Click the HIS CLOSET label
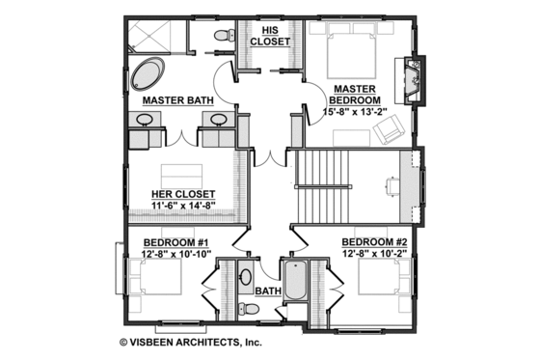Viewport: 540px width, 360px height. (x=266, y=36)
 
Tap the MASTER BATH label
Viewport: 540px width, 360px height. (x=177, y=99)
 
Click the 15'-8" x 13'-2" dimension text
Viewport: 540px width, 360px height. (x=354, y=112)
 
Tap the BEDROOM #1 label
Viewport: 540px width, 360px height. (x=177, y=241)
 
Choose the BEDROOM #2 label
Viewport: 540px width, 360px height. (x=380, y=241)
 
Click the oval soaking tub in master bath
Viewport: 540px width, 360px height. (x=149, y=74)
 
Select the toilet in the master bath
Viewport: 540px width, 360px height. (x=221, y=36)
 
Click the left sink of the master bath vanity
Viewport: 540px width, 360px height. (x=145, y=121)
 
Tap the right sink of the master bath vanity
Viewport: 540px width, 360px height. (x=217, y=121)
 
